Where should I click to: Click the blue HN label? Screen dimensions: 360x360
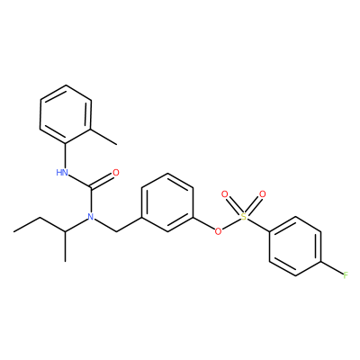coord(61,173)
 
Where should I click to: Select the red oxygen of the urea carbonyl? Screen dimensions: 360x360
coord(115,173)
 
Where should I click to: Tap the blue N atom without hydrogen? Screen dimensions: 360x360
coord(90,217)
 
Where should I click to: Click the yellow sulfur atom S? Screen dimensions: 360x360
coord(244,217)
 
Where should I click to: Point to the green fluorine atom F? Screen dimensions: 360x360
coord(346,275)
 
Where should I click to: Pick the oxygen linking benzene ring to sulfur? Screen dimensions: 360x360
coord(218,231)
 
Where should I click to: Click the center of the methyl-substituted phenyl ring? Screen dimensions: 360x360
coord(66,114)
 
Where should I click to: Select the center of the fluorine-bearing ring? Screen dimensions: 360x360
coord(295,246)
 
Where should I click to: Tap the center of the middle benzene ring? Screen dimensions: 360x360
coord(167,202)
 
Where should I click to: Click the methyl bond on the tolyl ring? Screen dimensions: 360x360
coord(103,137)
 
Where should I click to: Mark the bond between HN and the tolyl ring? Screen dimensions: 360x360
coord(65,156)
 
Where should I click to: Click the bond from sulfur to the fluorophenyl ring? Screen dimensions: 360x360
coord(259,224)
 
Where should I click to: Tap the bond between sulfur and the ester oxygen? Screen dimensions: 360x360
coord(231,224)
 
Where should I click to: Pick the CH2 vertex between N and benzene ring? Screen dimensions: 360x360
coord(116,231)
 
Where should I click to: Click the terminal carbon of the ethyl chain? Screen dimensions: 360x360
coord(13,231)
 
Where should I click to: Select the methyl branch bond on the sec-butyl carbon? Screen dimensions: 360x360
coord(65,247)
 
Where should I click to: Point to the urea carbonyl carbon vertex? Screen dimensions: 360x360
coord(90,188)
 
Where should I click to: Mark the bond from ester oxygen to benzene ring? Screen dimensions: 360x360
coord(203,223)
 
